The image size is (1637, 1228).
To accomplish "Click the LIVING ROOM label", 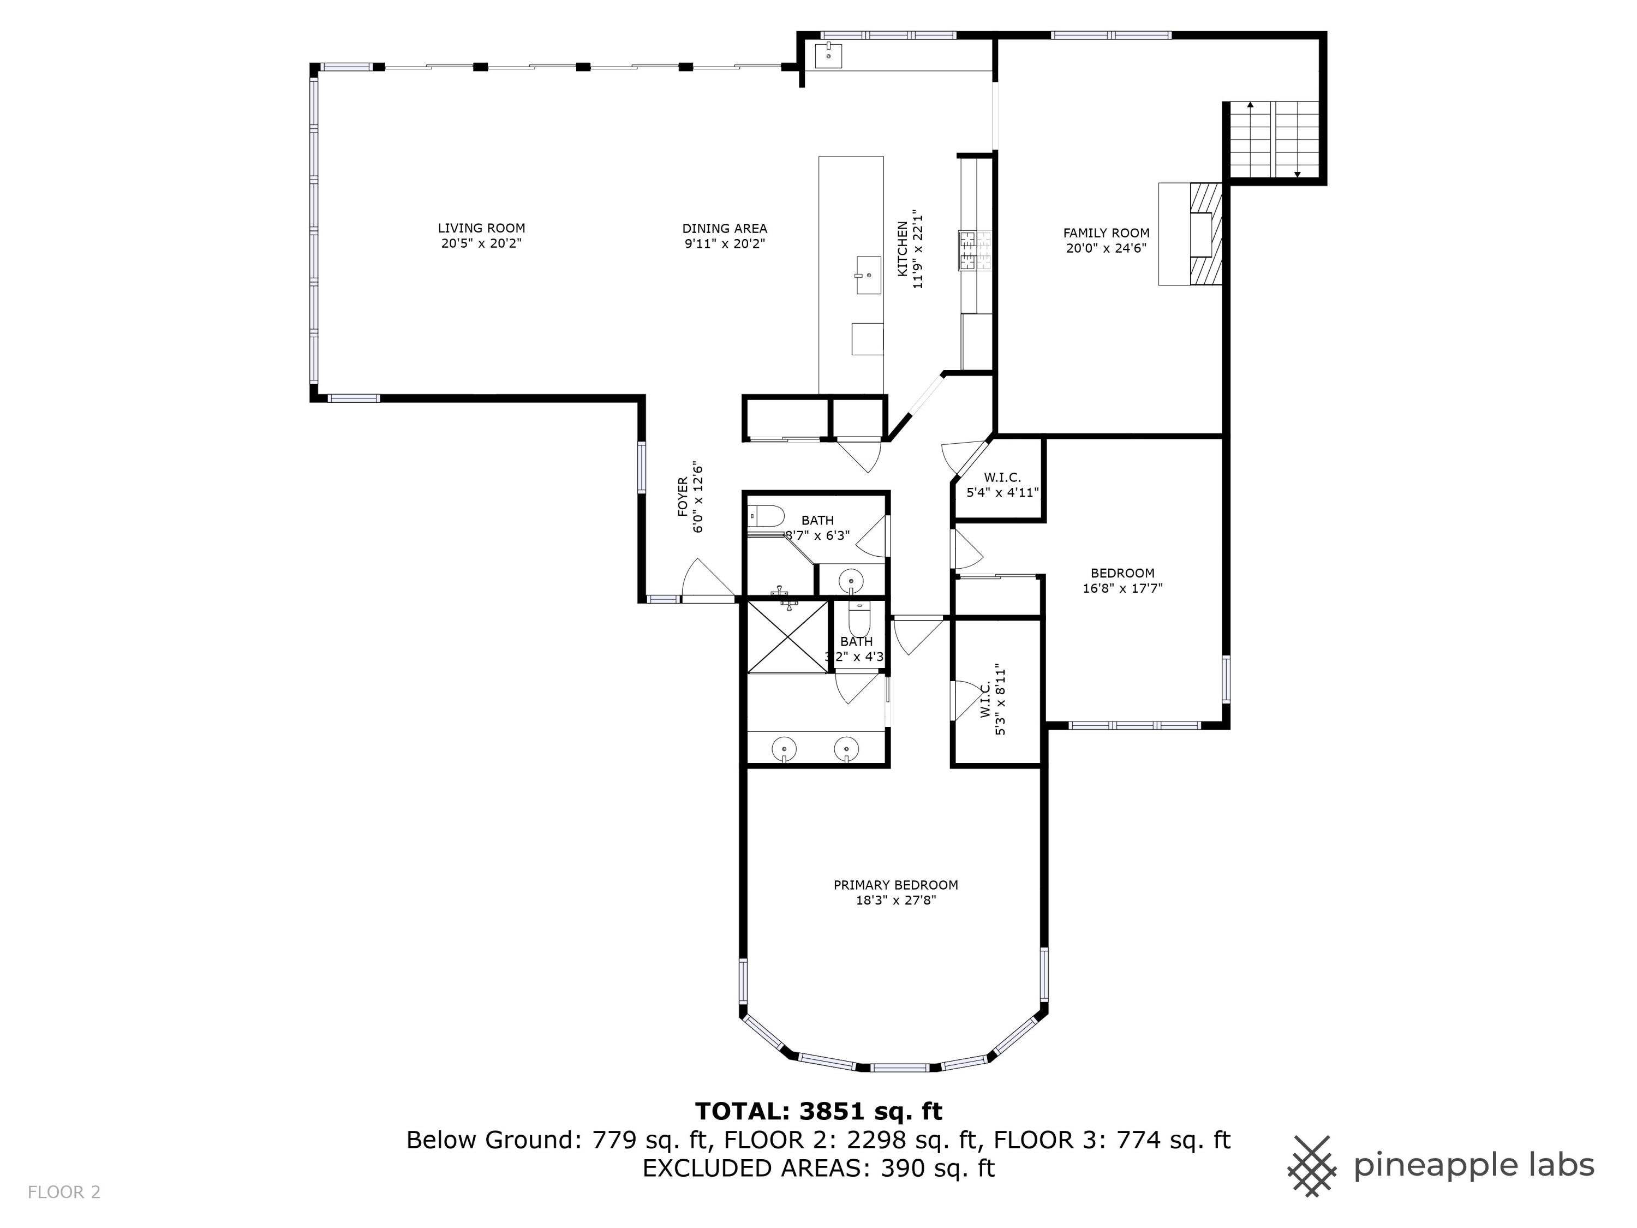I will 481,228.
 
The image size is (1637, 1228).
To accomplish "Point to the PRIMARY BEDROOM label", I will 895,885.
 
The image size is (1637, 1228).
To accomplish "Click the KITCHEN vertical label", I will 903,249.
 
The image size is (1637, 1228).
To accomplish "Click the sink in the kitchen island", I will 868,276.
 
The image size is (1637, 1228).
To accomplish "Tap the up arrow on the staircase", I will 1250,106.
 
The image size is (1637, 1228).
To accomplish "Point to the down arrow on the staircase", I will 1297,175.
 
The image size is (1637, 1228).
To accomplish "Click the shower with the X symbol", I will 787,636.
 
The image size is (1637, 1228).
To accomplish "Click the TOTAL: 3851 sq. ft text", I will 818,1111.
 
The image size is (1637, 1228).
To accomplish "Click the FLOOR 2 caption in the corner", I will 64,1193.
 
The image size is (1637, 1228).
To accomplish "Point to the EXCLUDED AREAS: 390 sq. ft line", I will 818,1168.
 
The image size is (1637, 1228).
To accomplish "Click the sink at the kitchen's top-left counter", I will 828,55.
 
